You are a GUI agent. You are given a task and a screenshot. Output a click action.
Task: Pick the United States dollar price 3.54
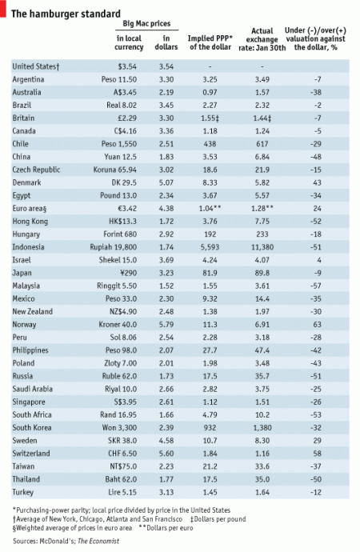tap(167, 66)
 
